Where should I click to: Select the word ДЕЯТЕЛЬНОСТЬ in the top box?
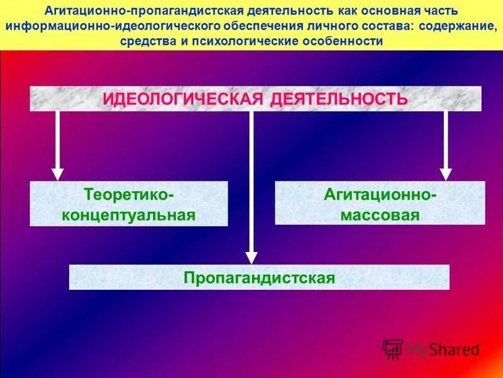(x=340, y=99)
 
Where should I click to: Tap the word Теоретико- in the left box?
(x=129, y=193)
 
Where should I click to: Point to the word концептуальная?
(x=129, y=214)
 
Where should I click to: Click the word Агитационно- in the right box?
(x=380, y=193)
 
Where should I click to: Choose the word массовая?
(x=380, y=214)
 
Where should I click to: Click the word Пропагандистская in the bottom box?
(x=258, y=277)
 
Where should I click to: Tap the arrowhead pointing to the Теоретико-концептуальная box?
(x=58, y=173)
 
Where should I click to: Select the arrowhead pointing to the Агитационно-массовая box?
(x=446, y=173)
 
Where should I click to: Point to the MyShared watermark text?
(x=443, y=349)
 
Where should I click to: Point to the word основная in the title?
(x=381, y=12)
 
